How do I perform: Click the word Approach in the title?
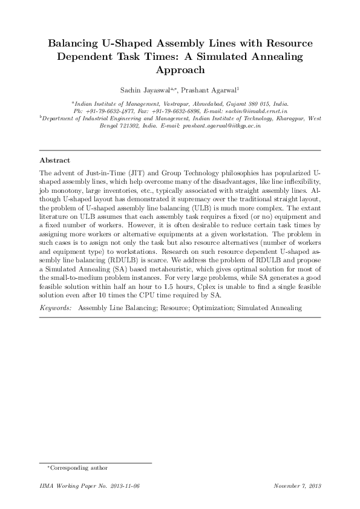(180, 70)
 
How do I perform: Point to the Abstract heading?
(53, 161)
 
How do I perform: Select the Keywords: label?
(55, 308)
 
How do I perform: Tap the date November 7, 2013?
(297, 486)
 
